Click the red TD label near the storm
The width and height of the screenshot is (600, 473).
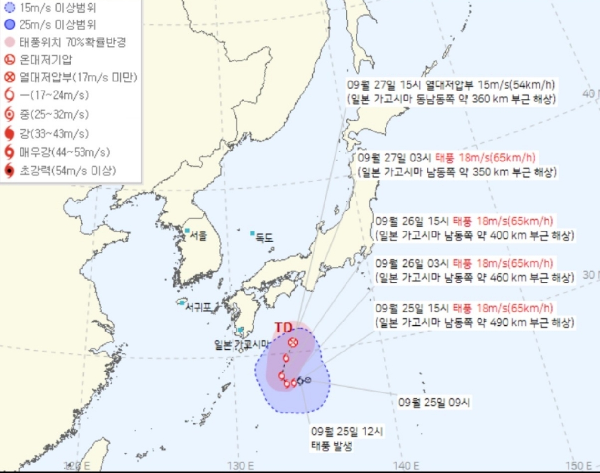(283, 327)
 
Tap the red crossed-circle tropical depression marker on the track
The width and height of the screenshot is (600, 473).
(293, 342)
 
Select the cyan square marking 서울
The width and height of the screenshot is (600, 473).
(187, 231)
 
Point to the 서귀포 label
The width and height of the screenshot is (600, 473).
(198, 307)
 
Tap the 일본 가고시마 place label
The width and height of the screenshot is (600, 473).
(242, 345)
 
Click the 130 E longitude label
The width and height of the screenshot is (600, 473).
(241, 465)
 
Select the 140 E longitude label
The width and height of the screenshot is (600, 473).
(407, 465)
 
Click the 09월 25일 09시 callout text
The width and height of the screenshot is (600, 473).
(434, 403)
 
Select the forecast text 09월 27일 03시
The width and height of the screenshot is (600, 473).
(394, 158)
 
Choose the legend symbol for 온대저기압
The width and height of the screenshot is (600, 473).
(10, 60)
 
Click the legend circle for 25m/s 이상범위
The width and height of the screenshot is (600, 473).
(10, 24)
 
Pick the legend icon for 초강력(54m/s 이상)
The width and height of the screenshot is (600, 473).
(10, 171)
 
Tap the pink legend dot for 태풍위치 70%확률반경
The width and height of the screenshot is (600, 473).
(10, 42)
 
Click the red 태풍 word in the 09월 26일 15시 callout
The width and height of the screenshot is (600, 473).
(462, 221)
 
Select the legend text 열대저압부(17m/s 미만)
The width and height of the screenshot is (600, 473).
(78, 77)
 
